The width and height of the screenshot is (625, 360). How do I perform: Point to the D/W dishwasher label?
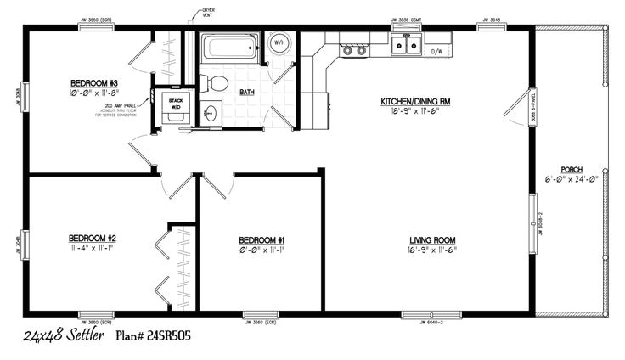click(437, 52)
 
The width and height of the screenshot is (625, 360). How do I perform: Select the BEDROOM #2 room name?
click(93, 237)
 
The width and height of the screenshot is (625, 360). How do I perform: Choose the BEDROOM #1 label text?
click(262, 239)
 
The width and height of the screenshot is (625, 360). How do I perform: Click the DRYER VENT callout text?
click(208, 13)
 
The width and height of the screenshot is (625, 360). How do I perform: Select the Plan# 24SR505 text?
click(153, 336)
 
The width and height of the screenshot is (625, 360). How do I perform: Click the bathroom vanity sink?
click(210, 112)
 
